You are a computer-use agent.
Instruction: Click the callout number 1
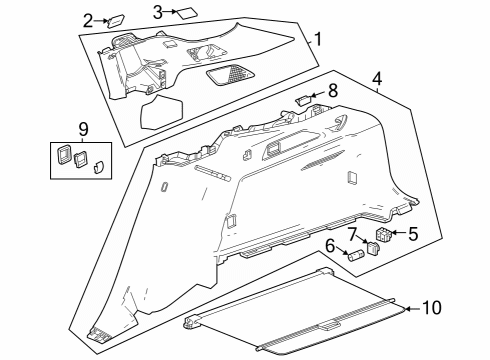[x=317, y=41]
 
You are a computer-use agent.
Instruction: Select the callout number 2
[x=89, y=20]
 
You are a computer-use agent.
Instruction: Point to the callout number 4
[x=377, y=77]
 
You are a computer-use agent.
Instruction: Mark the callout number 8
[x=333, y=89]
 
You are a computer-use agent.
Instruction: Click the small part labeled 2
[x=115, y=19]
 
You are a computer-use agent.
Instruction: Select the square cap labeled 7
[x=374, y=248]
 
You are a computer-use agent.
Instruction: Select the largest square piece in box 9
[x=63, y=155]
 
